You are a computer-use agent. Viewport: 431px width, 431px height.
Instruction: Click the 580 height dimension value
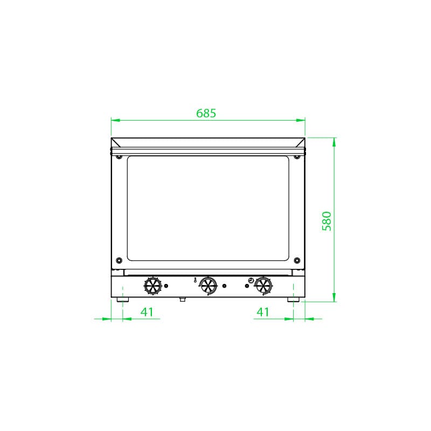pyautogui.click(x=326, y=221)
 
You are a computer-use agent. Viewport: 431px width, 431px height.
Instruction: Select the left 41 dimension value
pyautogui.click(x=147, y=311)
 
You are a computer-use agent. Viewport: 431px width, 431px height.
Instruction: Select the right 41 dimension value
pyautogui.click(x=262, y=311)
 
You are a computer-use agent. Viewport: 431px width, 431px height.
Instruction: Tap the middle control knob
pyautogui.click(x=208, y=286)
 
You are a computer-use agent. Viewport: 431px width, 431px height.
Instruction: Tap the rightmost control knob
pyautogui.click(x=263, y=286)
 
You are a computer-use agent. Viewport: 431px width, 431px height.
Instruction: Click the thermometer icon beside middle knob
pyautogui.click(x=194, y=281)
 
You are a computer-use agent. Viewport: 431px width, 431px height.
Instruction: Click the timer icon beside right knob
pyautogui.click(x=251, y=280)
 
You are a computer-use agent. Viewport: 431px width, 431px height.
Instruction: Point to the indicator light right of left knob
pyautogui.click(x=166, y=286)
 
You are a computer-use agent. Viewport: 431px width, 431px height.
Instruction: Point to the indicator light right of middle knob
pyautogui.click(x=225, y=286)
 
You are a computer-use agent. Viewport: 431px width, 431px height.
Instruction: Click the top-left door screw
pyautogui.click(x=119, y=157)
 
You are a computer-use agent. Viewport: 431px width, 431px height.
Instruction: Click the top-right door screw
pyautogui.click(x=296, y=157)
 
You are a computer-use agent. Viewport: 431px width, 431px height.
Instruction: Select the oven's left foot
pyautogui.click(x=123, y=298)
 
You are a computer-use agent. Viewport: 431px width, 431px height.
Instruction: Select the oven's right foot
pyautogui.click(x=293, y=298)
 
